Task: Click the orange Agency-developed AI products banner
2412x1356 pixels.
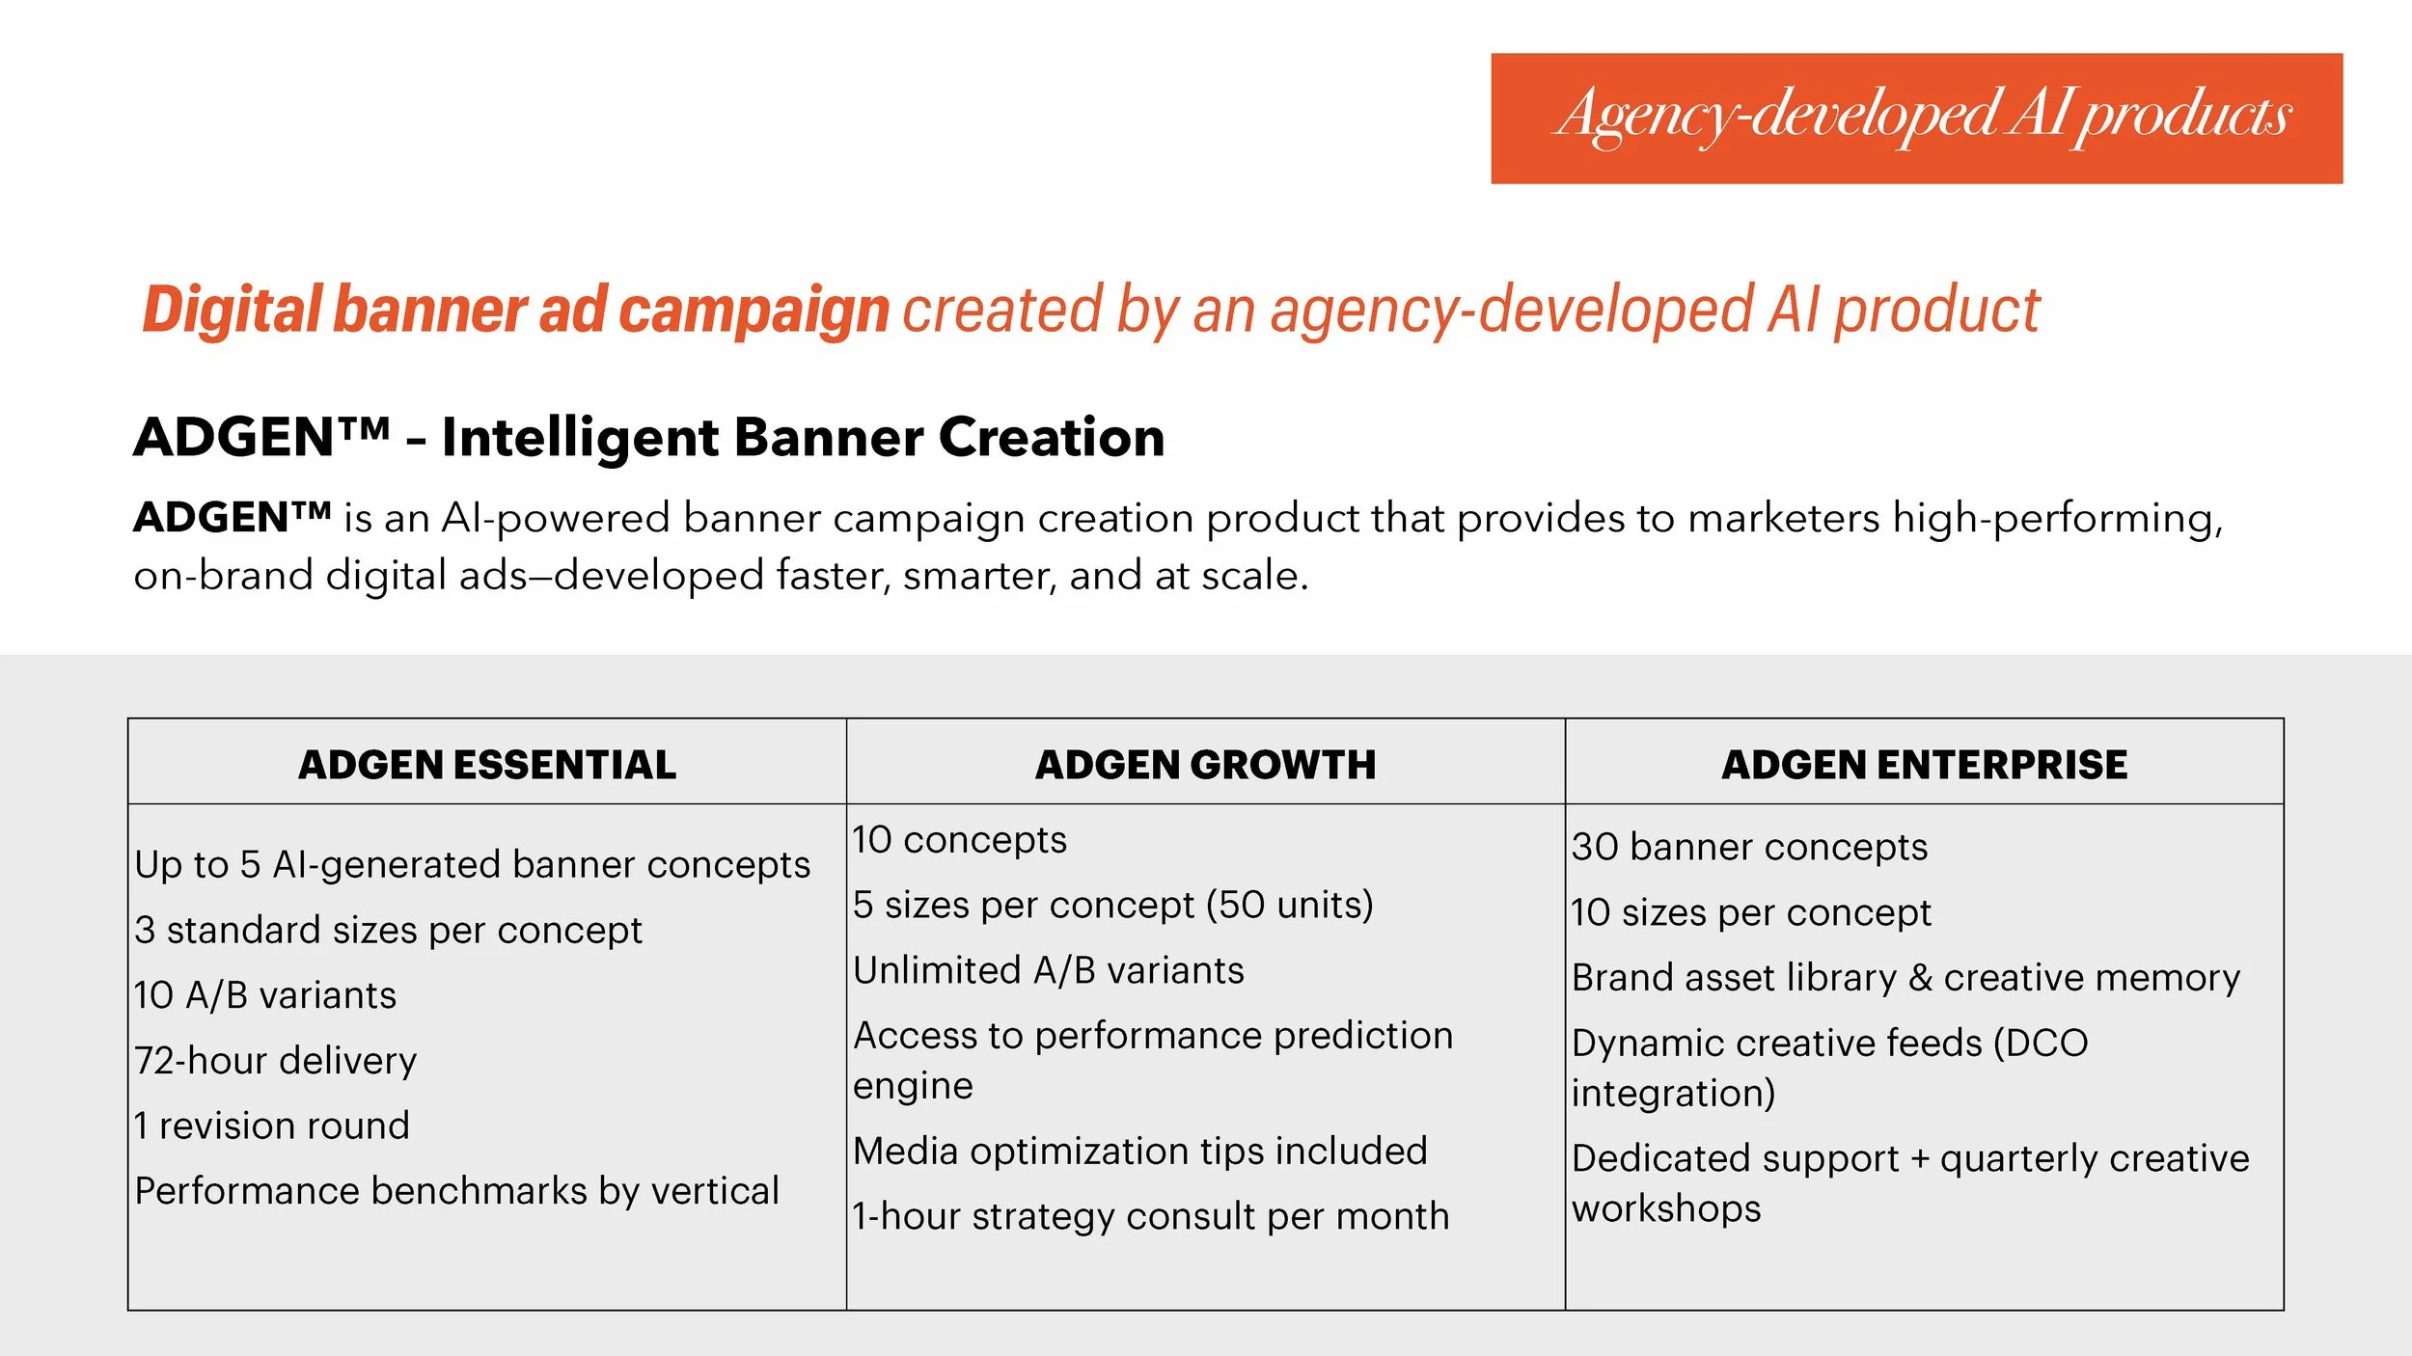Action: coord(1916,118)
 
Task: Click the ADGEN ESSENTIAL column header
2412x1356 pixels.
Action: coord(487,765)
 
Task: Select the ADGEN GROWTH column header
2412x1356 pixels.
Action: coord(1205,765)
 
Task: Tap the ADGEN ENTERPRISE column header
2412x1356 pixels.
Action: coord(1924,765)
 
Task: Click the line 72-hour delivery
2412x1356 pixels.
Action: coord(276,1061)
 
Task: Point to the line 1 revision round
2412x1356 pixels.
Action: coord(272,1125)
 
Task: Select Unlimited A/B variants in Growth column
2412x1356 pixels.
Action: coord(1049,970)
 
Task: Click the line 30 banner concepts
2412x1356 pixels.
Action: coord(1749,847)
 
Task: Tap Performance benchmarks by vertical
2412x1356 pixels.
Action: coord(456,1191)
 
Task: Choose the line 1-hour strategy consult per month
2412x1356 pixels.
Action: coord(1151,1216)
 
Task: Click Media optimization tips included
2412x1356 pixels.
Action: coord(1139,1151)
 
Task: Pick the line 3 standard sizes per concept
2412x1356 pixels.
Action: coord(388,930)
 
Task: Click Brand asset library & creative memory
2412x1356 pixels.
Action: coord(1905,978)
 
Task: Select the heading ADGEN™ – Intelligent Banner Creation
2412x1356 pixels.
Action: coord(649,437)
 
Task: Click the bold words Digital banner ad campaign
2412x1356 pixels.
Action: coord(515,311)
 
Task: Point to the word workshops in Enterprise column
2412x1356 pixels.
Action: coord(1666,1208)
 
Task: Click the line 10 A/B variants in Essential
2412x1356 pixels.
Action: coord(265,995)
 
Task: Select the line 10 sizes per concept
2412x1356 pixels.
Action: coord(1751,912)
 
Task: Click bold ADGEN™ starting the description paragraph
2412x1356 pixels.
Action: coord(232,518)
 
